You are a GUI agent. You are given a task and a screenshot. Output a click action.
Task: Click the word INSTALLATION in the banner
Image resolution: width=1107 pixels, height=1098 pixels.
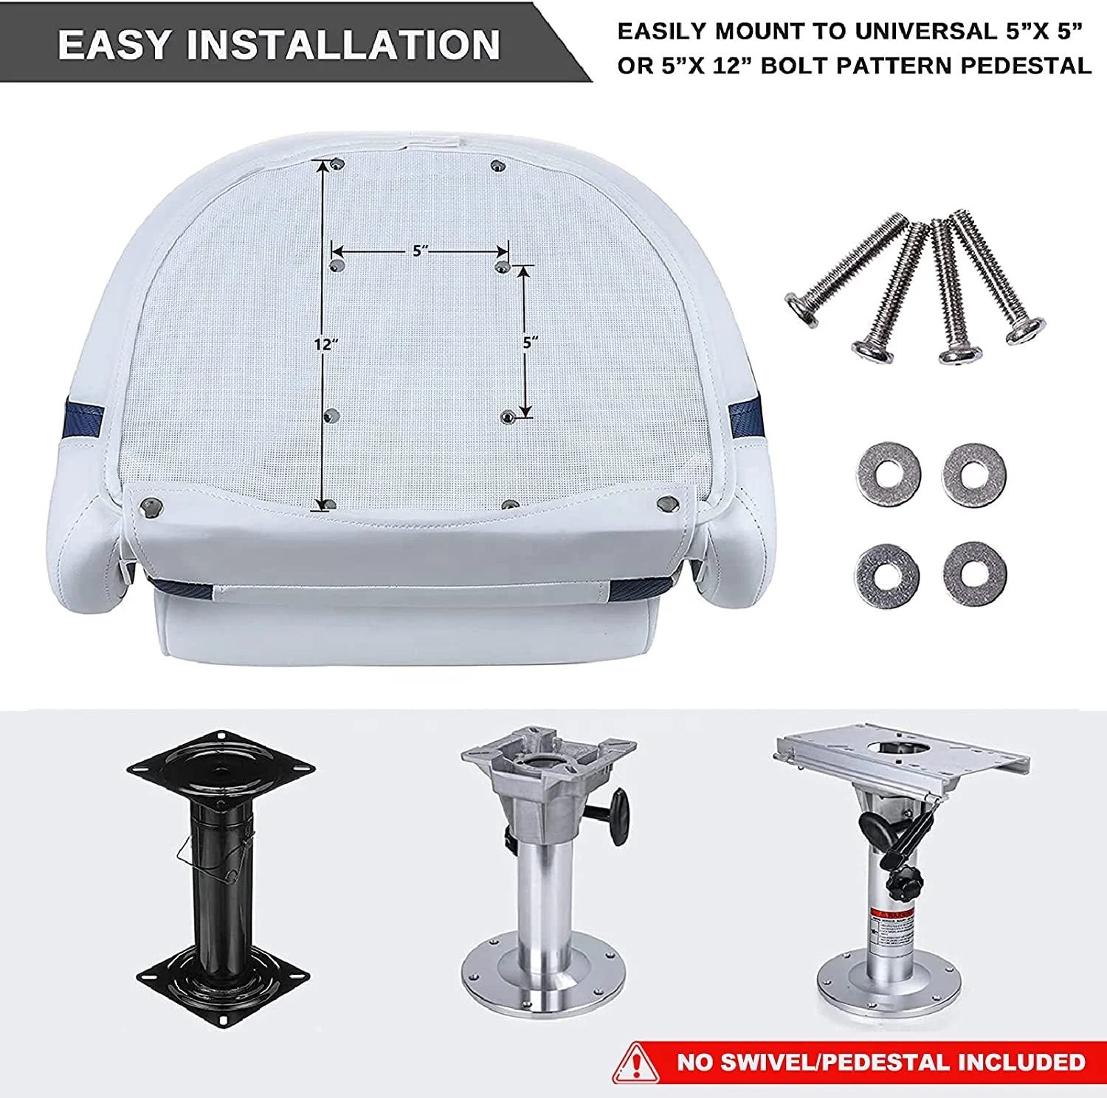pos(344,45)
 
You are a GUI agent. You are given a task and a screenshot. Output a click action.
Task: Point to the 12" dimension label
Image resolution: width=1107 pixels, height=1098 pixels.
pos(325,344)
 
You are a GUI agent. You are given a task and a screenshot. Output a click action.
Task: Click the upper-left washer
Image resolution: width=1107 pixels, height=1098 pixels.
pos(889,473)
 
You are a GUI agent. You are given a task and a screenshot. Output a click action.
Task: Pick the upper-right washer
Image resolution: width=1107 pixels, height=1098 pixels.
pos(974,473)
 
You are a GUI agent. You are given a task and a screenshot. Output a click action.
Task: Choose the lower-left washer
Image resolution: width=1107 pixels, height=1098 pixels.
pos(889,575)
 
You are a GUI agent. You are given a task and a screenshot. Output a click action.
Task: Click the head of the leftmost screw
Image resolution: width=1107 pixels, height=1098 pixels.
pos(801,307)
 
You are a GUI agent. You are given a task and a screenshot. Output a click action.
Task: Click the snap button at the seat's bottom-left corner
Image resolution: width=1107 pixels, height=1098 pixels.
pos(153,506)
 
